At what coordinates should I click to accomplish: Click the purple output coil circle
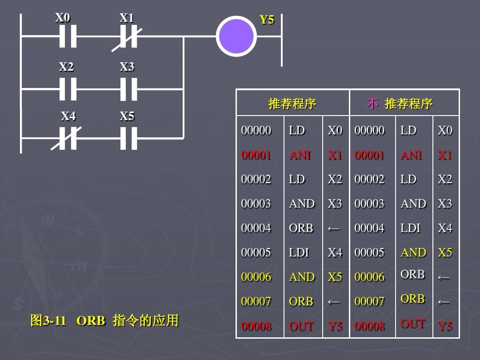236,36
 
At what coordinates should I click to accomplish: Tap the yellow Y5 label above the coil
267,20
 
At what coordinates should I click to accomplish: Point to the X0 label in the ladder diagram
63,18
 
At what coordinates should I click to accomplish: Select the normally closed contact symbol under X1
128,37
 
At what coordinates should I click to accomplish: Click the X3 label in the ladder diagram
127,67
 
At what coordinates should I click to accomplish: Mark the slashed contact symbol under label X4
68,138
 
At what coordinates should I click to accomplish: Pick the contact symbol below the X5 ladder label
128,138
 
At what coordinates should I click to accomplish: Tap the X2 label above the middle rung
66,67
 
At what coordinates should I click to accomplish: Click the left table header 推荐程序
292,104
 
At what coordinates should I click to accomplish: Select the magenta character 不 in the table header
372,104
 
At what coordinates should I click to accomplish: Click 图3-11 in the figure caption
48,320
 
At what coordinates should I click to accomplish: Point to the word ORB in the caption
91,320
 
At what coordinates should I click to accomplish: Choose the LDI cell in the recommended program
299,252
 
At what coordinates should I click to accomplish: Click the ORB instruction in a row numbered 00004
301,228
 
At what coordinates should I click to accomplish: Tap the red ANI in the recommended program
300,155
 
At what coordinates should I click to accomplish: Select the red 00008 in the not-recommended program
369,326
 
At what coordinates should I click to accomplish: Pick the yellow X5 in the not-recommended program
444,252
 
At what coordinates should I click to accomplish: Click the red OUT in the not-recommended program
413,324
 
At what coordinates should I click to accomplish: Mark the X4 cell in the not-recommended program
444,228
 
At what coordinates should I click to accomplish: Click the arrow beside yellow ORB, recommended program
334,302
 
